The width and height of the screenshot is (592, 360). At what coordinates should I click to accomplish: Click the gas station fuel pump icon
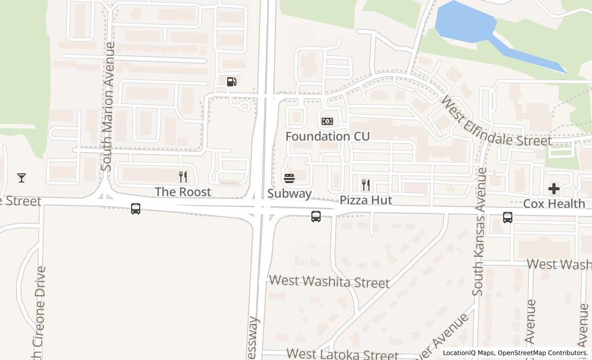pos(232,81)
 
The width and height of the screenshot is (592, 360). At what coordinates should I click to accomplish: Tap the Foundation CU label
pos(327,136)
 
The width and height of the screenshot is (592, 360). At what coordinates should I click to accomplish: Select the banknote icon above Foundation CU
pos(327,121)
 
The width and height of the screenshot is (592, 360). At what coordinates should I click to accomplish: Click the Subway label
pos(289,193)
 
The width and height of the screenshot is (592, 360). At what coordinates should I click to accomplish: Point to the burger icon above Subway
pos(289,178)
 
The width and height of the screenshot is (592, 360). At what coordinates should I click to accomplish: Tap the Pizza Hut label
pos(365,200)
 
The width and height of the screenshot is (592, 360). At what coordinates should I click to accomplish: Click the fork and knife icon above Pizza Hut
pos(366,185)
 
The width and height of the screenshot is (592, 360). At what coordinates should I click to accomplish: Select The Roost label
pos(183,192)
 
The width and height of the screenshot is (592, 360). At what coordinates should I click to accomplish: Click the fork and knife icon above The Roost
pos(183,177)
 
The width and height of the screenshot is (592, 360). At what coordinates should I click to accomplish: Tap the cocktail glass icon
pos(22,178)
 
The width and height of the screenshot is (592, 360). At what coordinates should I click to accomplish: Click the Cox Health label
pos(553,204)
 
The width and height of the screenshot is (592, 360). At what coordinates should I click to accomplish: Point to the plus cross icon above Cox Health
pos(553,189)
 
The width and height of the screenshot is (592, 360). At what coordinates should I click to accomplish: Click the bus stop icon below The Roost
pos(136,209)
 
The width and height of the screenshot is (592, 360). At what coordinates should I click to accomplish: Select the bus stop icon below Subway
pos(316,217)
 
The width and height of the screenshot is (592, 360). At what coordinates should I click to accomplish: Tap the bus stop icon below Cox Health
pos(508,218)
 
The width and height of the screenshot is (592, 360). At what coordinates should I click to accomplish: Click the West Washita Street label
pos(329,282)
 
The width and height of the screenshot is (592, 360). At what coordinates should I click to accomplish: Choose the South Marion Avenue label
pos(107,106)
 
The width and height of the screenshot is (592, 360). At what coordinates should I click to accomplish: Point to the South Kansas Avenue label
pos(479,231)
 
